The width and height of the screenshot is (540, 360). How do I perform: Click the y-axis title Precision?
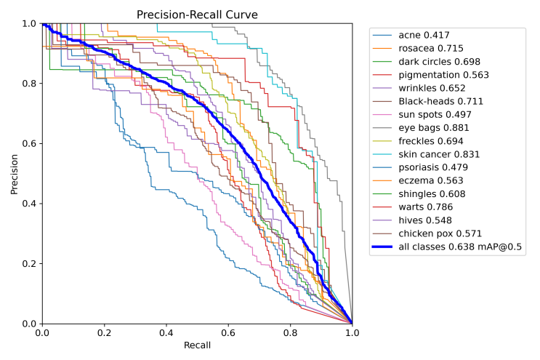15,173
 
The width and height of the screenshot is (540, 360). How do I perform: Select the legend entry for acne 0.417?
423,35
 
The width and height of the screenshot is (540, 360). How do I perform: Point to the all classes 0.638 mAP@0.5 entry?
461,247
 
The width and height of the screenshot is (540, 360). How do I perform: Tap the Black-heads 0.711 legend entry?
440,101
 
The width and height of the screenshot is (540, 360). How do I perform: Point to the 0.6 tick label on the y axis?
28,143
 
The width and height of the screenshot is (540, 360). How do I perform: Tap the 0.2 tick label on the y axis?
28,263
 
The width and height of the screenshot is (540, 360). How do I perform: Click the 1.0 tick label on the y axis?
28,24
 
